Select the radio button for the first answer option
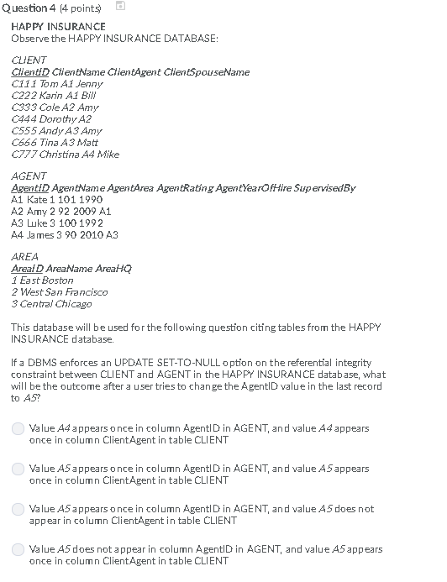coord(18,428)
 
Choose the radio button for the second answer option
coord(18,469)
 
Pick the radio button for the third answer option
coord(18,509)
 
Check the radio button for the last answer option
coord(18,549)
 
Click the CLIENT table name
coord(29,60)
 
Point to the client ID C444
coord(24,119)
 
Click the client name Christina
coord(60,155)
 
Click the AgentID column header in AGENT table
coord(29,188)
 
